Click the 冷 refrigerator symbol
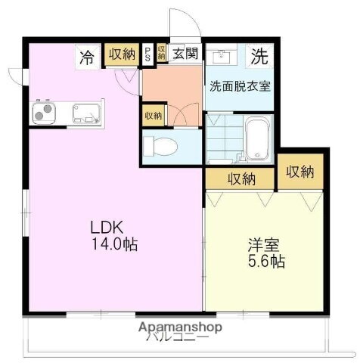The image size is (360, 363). [x=88, y=56]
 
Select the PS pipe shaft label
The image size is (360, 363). [x=147, y=55]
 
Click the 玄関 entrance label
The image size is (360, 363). [x=184, y=54]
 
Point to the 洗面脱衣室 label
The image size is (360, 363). [x=239, y=85]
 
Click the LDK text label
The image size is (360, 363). [x=107, y=227]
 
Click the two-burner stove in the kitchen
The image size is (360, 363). [x=42, y=114]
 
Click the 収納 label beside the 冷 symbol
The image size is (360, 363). [x=123, y=55]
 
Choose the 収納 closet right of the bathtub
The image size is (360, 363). [x=300, y=171]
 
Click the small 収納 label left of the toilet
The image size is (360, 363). [x=152, y=116]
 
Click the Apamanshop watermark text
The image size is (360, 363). [x=180, y=327]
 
